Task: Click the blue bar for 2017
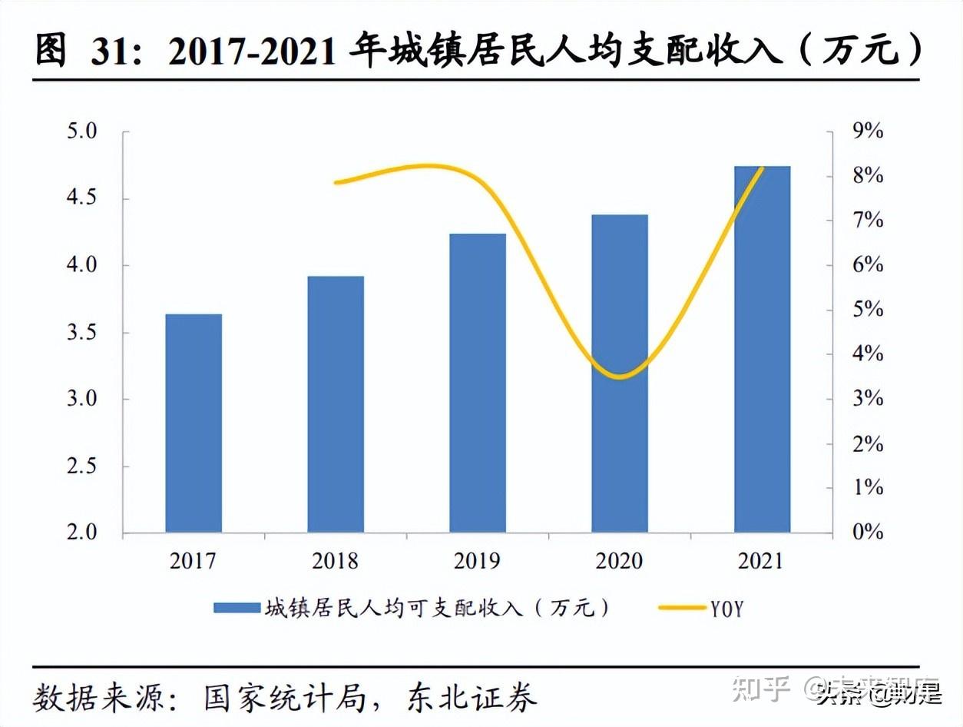tap(194, 423)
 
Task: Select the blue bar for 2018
tap(336, 403)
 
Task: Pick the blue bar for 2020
tap(620, 373)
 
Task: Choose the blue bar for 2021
tap(762, 349)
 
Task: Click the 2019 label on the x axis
tap(477, 561)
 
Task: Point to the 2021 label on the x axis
tap(761, 561)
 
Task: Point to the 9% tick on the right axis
tap(867, 131)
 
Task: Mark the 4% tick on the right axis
tap(867, 354)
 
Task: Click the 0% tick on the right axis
tap(867, 533)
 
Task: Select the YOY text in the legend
tap(727, 609)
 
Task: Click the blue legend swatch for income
tap(237, 608)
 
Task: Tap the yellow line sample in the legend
tap(680, 608)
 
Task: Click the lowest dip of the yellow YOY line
tap(620, 377)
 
